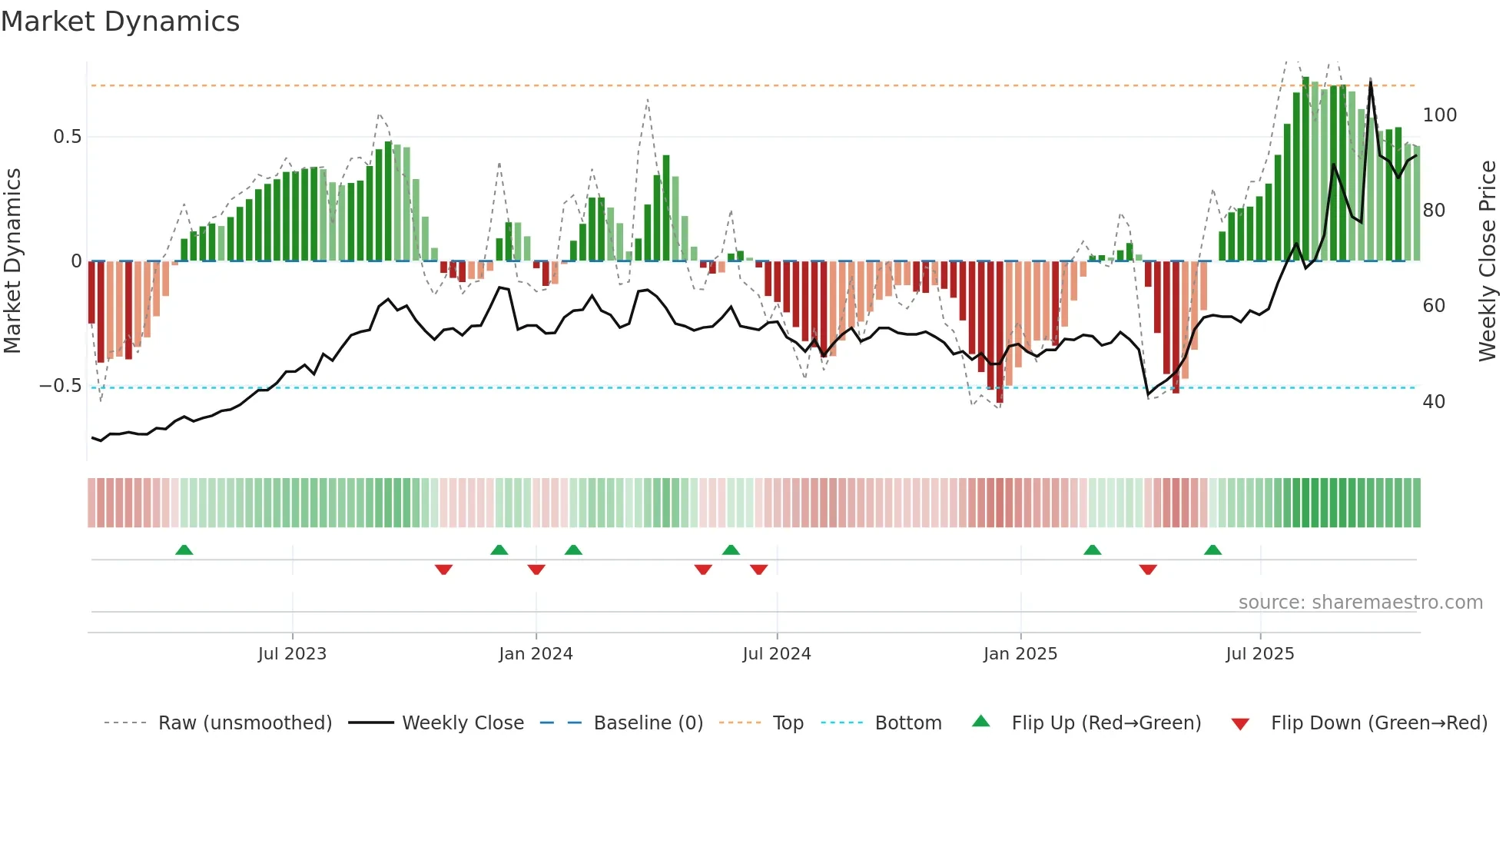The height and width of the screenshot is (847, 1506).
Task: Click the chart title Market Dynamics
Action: pyautogui.click(x=120, y=22)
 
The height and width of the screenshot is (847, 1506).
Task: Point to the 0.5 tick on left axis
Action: pyautogui.click(x=67, y=137)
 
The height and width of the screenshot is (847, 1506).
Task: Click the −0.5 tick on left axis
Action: pyautogui.click(x=60, y=386)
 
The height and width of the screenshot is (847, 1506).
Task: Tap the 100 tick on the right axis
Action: pyautogui.click(x=1439, y=115)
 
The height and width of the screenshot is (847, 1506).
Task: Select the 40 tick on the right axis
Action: pyautogui.click(x=1433, y=402)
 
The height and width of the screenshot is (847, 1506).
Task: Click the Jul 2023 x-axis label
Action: pyautogui.click(x=292, y=654)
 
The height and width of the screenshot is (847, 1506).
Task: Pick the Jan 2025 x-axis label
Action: pyautogui.click(x=1020, y=654)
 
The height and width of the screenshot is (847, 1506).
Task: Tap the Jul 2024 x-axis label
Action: pyautogui.click(x=776, y=654)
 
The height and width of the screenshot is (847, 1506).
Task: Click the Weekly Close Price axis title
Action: pyautogui.click(x=1488, y=261)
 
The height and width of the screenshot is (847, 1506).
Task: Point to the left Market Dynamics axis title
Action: pyautogui.click(x=12, y=261)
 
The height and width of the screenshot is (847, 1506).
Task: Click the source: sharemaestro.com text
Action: pyautogui.click(x=1360, y=603)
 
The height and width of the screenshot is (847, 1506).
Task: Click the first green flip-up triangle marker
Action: pyautogui.click(x=184, y=550)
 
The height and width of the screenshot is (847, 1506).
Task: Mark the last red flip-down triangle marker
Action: pyautogui.click(x=1148, y=569)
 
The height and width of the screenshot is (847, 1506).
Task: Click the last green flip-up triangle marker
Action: pyautogui.click(x=1212, y=550)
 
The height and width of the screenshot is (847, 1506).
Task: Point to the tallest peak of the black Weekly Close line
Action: pyautogui.click(x=1370, y=81)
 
